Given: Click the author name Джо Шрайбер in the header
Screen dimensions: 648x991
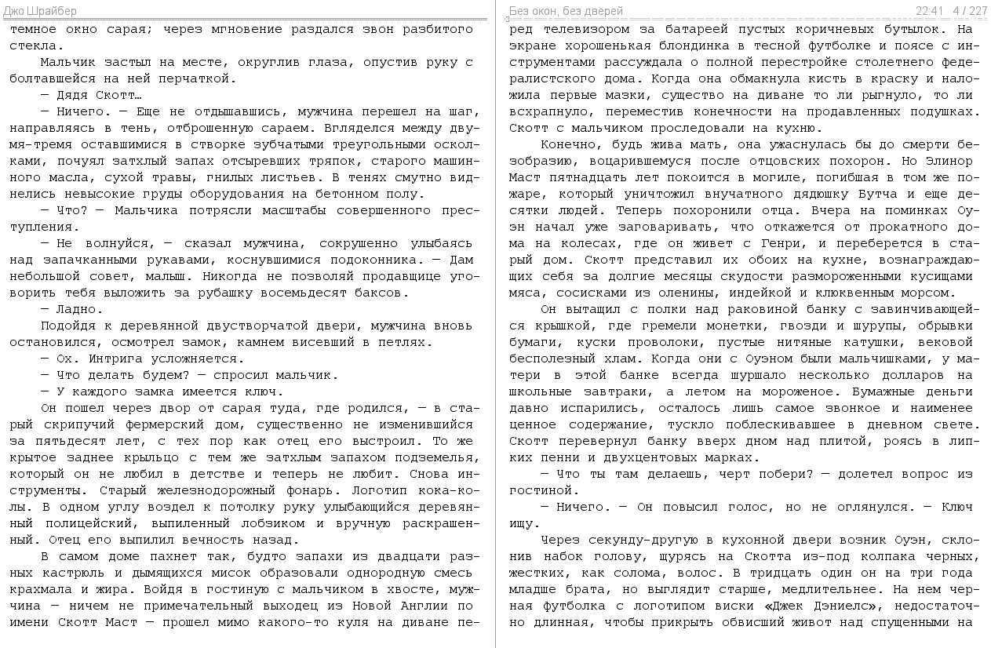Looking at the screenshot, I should click(40, 11).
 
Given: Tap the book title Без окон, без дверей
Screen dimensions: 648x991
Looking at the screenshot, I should click(566, 11).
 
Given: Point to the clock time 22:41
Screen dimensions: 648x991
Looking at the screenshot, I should click(929, 11).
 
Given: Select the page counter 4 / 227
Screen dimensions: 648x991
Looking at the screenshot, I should click(970, 11).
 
